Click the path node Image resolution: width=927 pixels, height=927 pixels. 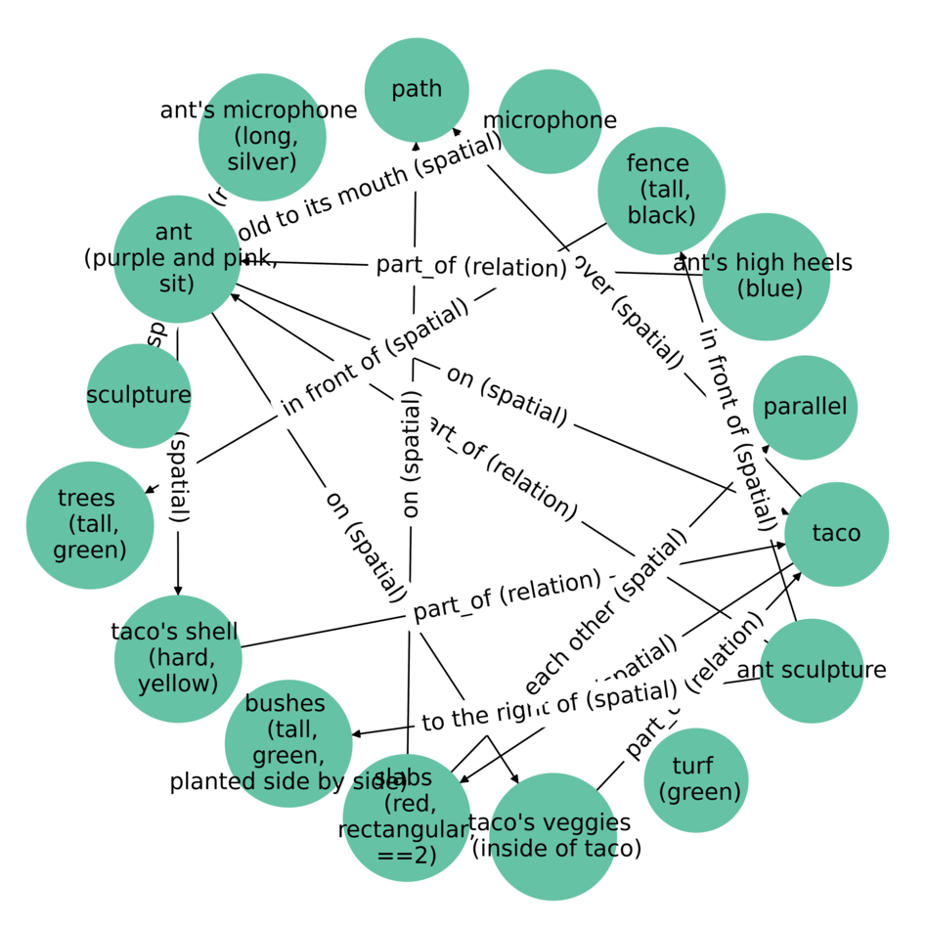click(417, 90)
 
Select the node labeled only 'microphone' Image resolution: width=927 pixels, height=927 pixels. click(550, 121)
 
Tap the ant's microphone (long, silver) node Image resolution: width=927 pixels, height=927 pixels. click(261, 137)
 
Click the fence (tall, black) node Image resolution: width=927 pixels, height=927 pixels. click(661, 190)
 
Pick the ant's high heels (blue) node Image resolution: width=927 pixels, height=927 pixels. click(766, 277)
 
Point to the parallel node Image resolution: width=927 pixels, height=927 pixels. click(805, 408)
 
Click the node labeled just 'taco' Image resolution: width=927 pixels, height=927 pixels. click(836, 534)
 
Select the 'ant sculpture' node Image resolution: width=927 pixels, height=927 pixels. click(812, 671)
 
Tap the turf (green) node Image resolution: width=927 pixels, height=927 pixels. click(695, 779)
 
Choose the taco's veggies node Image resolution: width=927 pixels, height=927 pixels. click(553, 836)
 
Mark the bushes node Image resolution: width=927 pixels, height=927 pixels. click(287, 743)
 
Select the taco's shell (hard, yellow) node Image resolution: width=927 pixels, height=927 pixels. click(177, 658)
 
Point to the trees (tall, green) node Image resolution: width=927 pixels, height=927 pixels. click(90, 525)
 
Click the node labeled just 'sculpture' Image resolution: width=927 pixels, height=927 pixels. click(139, 396)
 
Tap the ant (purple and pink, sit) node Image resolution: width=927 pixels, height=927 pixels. click(176, 259)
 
